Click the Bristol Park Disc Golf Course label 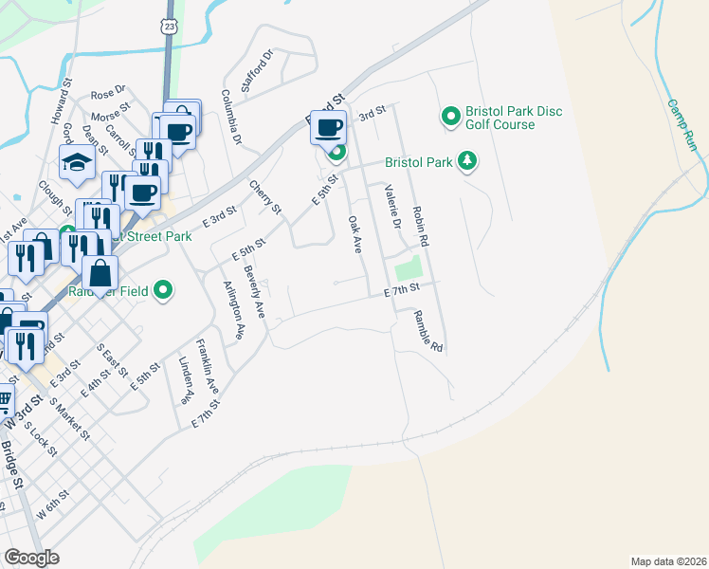(513, 118)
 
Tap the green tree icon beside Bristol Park (466, 162)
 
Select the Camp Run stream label (682, 125)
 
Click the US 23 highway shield (168, 28)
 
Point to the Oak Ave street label (354, 233)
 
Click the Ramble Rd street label (428, 332)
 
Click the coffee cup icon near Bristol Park (329, 127)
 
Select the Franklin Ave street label (208, 366)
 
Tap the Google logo (31, 558)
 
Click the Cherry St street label (265, 195)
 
